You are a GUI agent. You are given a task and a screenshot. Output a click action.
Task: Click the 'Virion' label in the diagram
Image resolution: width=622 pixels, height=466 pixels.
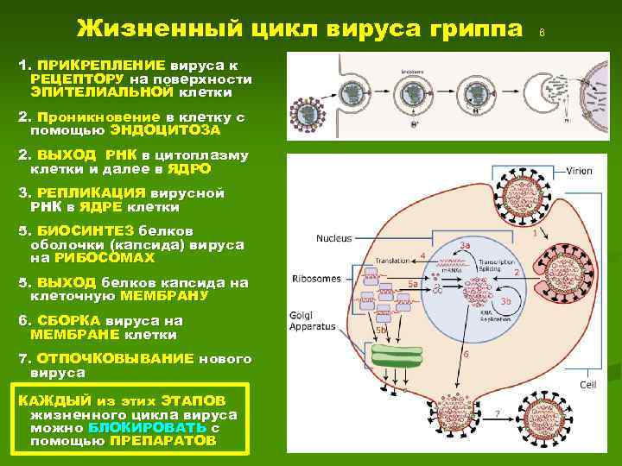tap(580, 171)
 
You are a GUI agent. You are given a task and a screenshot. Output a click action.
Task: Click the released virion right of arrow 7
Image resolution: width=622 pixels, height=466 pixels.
tap(553, 419)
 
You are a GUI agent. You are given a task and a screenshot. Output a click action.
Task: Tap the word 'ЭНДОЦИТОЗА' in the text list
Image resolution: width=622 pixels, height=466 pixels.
tap(165, 131)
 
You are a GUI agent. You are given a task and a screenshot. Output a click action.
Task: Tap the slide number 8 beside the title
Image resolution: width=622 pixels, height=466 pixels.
tap(542, 33)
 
